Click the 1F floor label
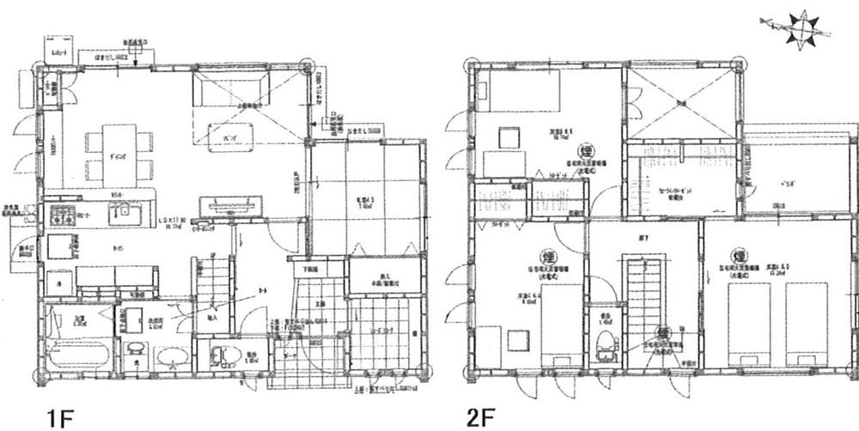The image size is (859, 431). point(66,417)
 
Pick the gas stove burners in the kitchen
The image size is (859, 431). point(62,213)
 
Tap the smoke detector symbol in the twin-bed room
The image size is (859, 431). point(738,256)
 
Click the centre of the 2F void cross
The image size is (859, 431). point(680,101)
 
